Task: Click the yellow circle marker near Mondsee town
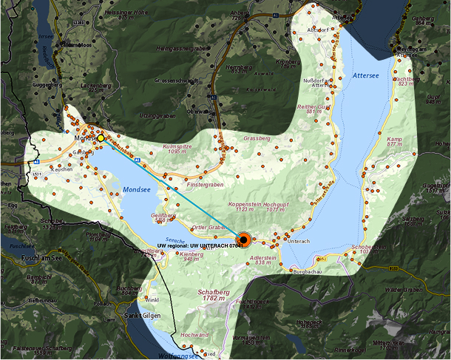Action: (x=101, y=138)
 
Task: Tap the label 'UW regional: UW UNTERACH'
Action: (x=200, y=245)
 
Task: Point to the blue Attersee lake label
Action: (x=367, y=75)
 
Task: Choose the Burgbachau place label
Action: (x=308, y=272)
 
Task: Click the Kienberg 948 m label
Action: (x=191, y=256)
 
